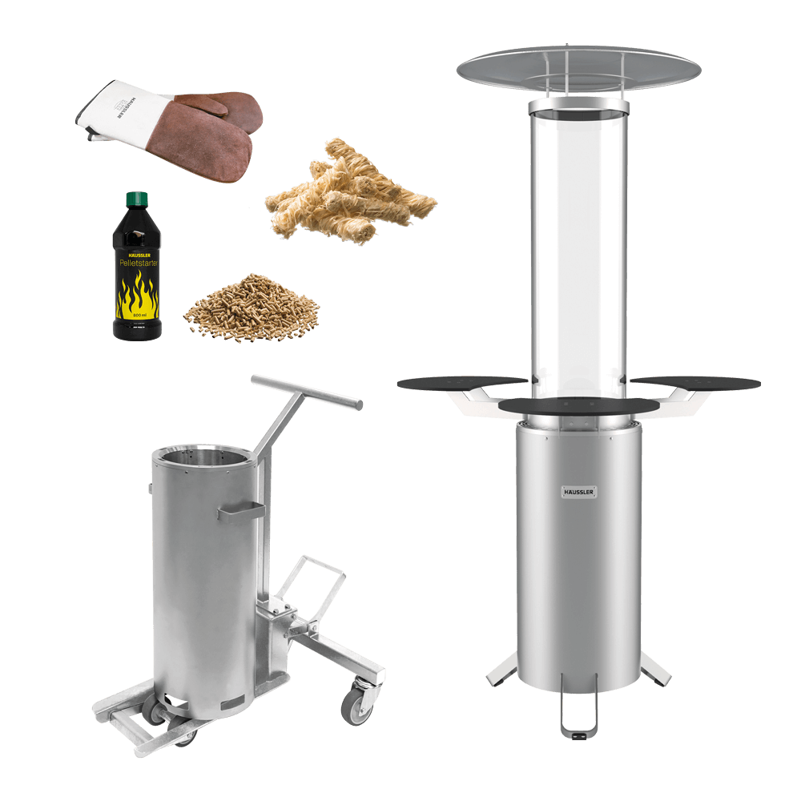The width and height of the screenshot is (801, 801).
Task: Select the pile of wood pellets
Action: pos(250,308)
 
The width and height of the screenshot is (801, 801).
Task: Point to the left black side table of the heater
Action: pos(457,382)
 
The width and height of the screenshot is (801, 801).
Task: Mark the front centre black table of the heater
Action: pos(578,406)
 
